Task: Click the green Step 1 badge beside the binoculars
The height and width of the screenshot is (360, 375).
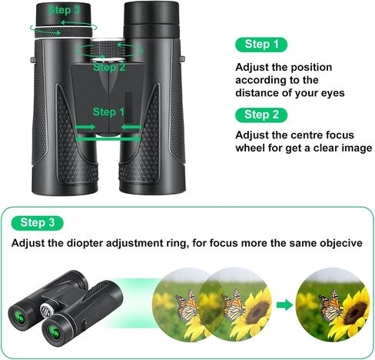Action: coord(261,45)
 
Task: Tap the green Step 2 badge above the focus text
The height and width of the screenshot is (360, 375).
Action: coord(261,115)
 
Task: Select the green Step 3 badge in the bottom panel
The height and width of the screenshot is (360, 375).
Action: coord(38,223)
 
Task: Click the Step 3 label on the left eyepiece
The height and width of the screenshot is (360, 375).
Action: coord(64,10)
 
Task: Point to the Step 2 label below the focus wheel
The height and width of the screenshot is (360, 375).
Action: coord(109,67)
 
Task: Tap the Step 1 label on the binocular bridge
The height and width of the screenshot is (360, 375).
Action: coord(108,112)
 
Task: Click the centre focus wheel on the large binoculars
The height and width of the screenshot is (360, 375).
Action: coord(108,49)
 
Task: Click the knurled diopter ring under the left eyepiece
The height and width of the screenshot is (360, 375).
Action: coord(64,32)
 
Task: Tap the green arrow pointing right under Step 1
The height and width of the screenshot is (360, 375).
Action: coord(85,127)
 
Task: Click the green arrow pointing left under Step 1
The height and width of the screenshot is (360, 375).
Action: coord(131,127)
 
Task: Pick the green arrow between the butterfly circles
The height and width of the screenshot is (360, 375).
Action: coord(285,305)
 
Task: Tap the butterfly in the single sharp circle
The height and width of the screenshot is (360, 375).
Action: coord(331,305)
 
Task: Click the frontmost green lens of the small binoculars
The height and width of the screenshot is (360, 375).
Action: coord(55,332)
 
